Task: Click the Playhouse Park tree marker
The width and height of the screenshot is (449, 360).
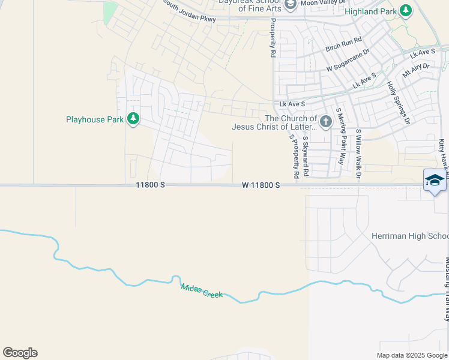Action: click(x=133, y=119)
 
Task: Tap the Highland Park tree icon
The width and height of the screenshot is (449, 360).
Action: click(x=406, y=11)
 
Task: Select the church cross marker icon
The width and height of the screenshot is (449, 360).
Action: click(x=325, y=122)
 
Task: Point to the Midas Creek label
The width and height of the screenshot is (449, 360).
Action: click(x=202, y=291)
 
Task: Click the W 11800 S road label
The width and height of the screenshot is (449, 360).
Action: click(x=261, y=185)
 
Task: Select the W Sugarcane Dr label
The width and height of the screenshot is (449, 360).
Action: click(x=347, y=61)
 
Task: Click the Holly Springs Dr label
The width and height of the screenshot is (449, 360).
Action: click(x=397, y=103)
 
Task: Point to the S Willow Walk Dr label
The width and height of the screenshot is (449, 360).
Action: click(x=359, y=154)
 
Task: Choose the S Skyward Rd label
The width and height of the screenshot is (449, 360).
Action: click(x=306, y=156)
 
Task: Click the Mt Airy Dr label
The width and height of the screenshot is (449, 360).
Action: click(x=417, y=71)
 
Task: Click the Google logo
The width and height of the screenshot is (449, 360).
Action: click(x=20, y=353)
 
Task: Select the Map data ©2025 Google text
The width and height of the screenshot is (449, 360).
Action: click(x=412, y=355)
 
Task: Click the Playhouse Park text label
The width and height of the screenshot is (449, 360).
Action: click(x=95, y=119)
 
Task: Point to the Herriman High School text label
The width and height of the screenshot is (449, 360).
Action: click(x=410, y=236)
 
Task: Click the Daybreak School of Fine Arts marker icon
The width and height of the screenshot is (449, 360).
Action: click(x=291, y=5)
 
